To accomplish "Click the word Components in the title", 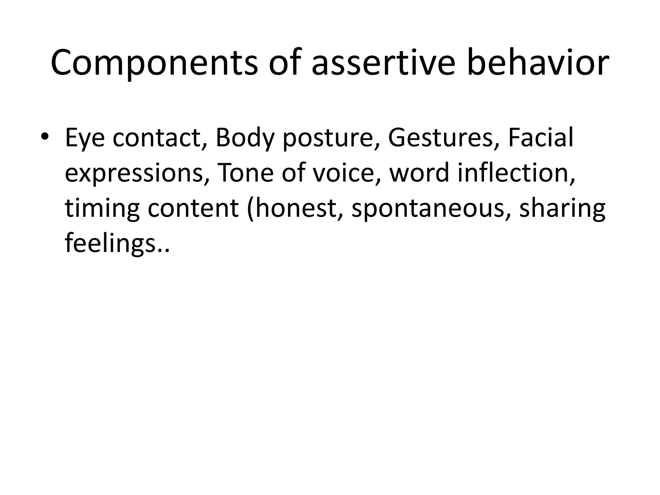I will point(154,63).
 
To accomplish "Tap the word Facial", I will point(540,137).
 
